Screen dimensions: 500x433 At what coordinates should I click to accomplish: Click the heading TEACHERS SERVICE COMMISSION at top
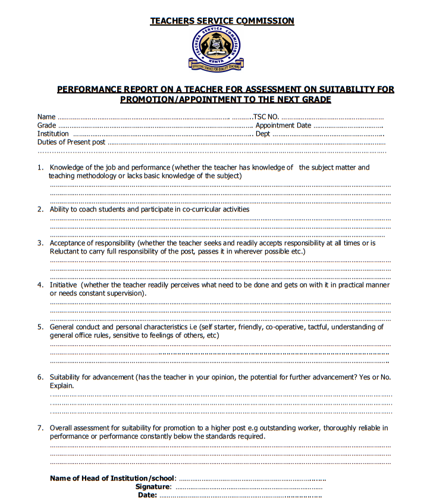coord(222,21)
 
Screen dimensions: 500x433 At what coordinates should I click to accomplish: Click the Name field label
coord(46,117)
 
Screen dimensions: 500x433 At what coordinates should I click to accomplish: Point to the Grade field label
coord(47,126)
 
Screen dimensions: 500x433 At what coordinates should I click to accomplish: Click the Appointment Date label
coord(283,126)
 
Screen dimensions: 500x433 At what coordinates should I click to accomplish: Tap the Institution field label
coord(53,134)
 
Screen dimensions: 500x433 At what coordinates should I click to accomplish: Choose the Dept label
coord(263,134)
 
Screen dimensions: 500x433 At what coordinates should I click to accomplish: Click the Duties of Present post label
coord(71,142)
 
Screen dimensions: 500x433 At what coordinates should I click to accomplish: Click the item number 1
coord(40,168)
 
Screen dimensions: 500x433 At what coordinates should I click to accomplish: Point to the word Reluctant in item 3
coord(65,252)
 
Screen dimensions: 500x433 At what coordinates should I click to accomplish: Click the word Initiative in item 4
coord(64,285)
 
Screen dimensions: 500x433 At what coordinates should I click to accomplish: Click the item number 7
coord(40,428)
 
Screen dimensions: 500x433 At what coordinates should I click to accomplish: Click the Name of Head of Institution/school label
coord(112,479)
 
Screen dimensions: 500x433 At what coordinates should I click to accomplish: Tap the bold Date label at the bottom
coord(147,495)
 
